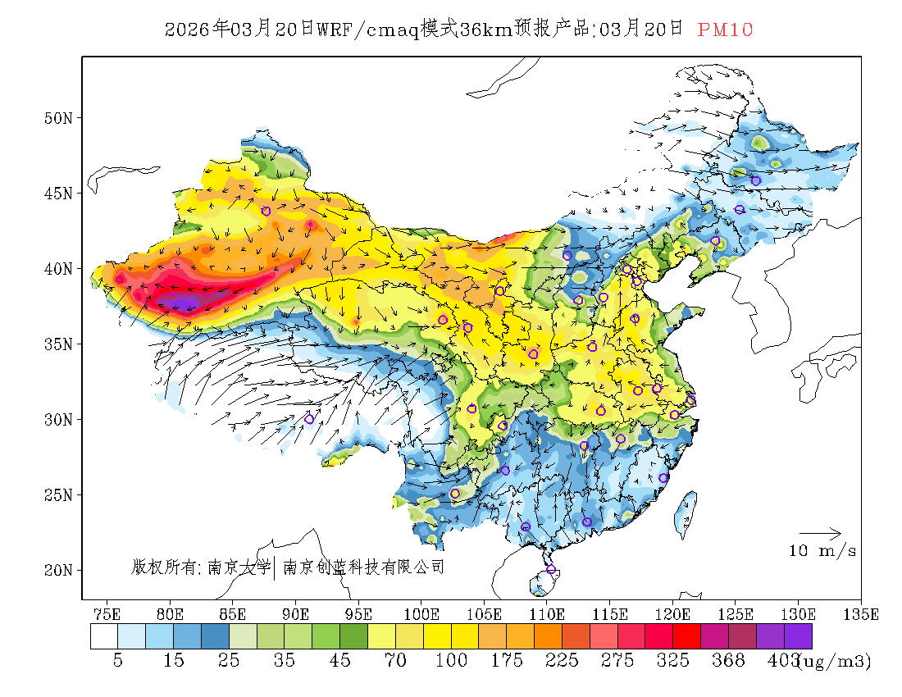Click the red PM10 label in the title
tap(725, 30)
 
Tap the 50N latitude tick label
tap(58, 118)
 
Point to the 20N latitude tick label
tap(58, 570)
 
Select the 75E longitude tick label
tap(107, 613)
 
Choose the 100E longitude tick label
tap(421, 613)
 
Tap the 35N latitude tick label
tap(58, 344)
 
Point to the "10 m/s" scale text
tap(822, 551)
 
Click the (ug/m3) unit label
tap(836, 660)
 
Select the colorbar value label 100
tap(451, 660)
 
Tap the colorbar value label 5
tap(118, 660)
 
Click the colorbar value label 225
tap(562, 660)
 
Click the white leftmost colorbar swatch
tap(104, 636)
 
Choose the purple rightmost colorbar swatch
tap(798, 636)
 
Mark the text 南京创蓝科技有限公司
tap(363, 567)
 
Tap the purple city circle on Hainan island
tap(551, 569)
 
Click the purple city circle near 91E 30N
tap(309, 419)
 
